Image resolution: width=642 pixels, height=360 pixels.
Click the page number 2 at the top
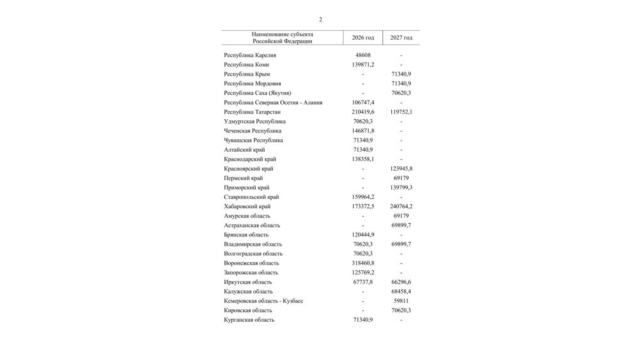click(320, 19)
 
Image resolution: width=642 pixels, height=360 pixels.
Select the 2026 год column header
click(362, 38)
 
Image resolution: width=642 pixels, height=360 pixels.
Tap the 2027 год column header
click(401, 38)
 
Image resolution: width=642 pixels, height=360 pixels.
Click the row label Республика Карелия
click(250, 55)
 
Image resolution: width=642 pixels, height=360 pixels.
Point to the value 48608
click(362, 55)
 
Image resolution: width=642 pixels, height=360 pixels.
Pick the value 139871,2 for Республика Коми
click(362, 65)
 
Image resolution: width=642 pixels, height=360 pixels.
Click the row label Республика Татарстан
click(252, 112)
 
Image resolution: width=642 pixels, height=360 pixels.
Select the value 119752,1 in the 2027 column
click(401, 112)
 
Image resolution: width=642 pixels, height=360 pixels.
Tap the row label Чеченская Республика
click(253, 131)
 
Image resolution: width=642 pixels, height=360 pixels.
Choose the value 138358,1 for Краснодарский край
click(362, 159)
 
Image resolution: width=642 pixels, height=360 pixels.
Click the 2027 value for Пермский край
click(401, 178)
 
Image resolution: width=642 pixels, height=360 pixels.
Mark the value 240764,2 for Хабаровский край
click(401, 206)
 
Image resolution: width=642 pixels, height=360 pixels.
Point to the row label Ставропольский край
click(252, 197)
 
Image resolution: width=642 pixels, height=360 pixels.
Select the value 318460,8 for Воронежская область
click(362, 263)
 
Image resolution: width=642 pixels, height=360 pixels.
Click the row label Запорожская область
click(251, 273)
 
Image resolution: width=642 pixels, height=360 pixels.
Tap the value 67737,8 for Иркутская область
click(362, 282)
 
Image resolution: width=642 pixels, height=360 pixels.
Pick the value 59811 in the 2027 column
click(401, 301)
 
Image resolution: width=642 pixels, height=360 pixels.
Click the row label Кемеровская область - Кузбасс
click(263, 301)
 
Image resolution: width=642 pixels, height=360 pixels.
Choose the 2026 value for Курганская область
click(362, 320)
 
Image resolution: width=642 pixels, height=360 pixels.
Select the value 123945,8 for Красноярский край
click(401, 169)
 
